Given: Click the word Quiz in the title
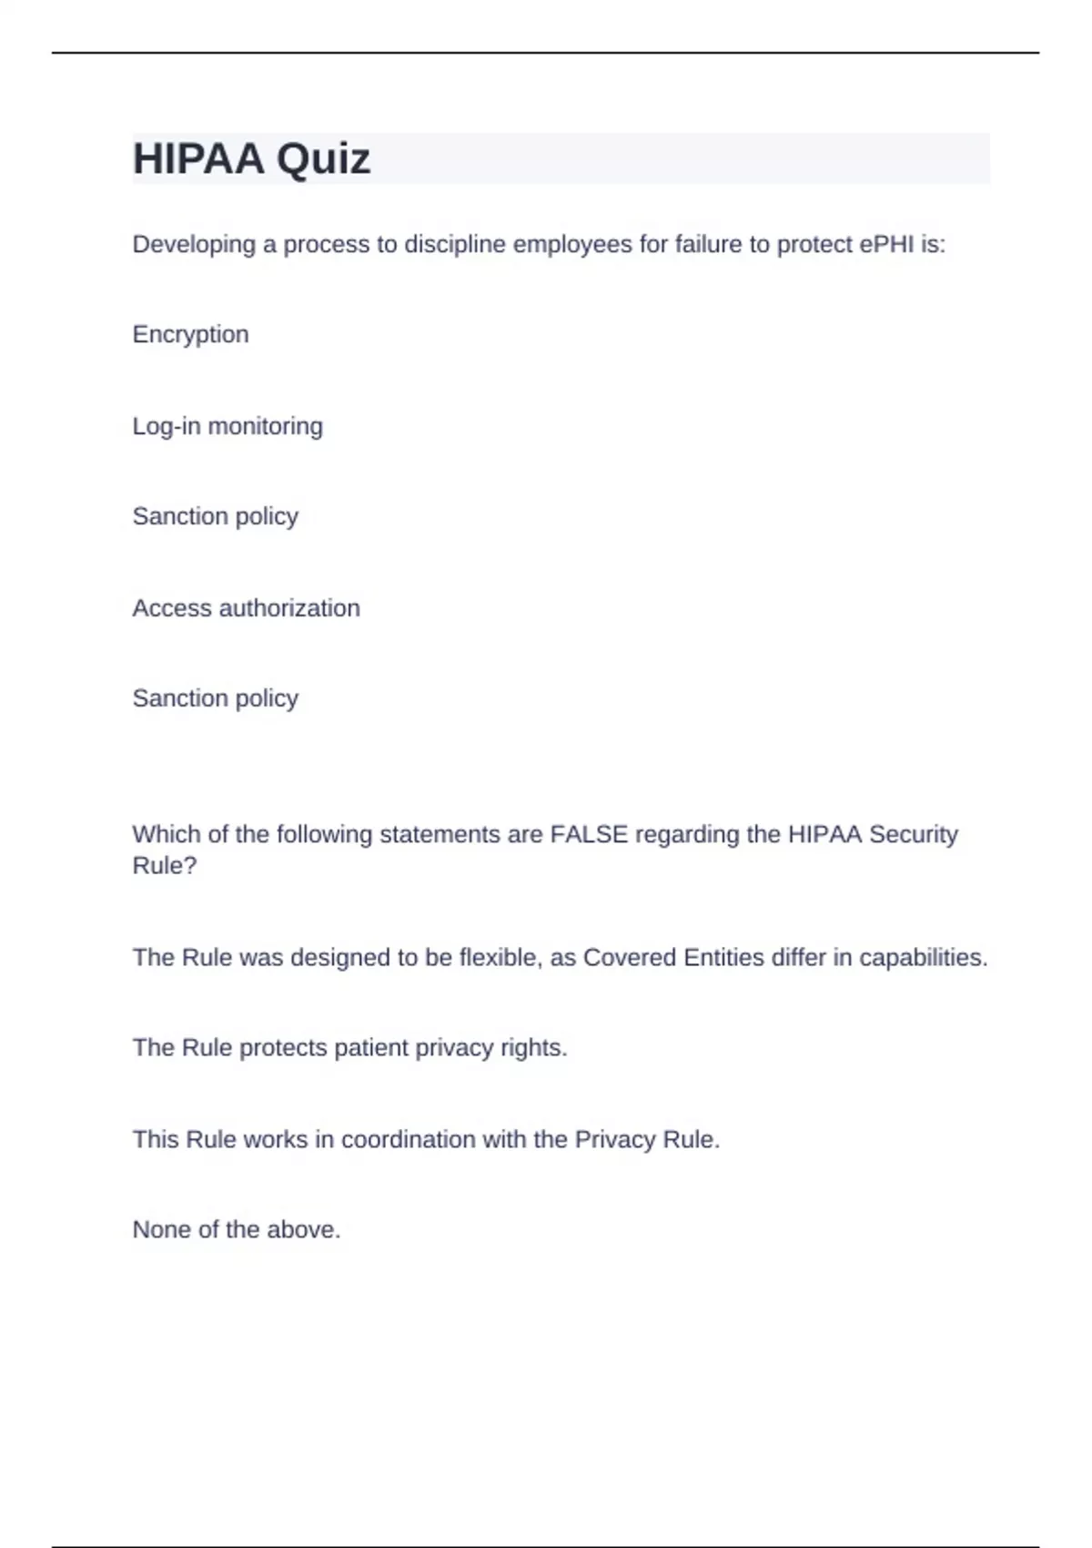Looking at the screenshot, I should tap(323, 159).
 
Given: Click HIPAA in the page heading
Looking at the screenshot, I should tap(199, 159).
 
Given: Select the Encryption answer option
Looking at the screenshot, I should tap(190, 334).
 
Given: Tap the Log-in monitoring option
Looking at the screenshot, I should tap(227, 426).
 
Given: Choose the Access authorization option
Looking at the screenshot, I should tap(246, 607).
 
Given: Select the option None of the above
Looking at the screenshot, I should tap(237, 1229).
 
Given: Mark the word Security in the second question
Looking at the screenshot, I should tap(913, 834).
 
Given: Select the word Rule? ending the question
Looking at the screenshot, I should tap(164, 865).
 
